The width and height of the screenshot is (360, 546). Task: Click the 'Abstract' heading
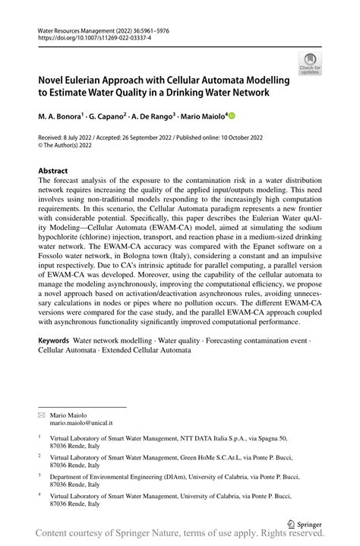click(54, 172)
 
